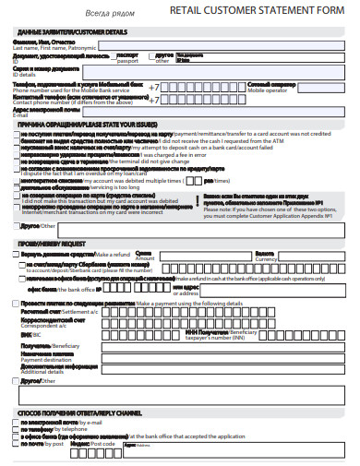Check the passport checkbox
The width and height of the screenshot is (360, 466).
coord(114,55)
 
